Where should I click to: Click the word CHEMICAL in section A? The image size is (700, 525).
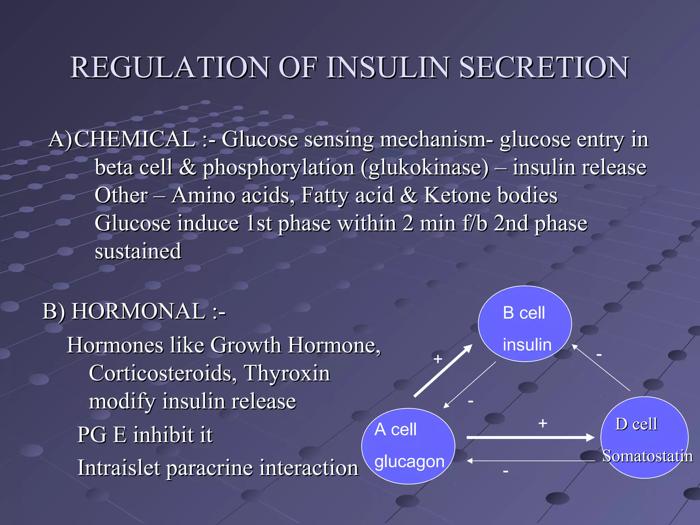[134, 139]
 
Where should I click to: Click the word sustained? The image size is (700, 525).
[138, 251]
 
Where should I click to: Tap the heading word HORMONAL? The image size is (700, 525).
[138, 311]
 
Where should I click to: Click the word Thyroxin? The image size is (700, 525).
[287, 373]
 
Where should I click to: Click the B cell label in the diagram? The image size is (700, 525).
[524, 313]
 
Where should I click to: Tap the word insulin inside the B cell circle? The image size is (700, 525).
[527, 345]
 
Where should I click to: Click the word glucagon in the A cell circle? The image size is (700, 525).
[409, 461]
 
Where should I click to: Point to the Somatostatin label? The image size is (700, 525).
[647, 456]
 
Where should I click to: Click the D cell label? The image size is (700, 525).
[636, 424]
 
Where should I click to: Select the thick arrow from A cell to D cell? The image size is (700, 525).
[530, 437]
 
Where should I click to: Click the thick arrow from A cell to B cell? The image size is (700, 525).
[443, 371]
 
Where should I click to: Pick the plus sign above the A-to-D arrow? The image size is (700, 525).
[542, 423]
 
